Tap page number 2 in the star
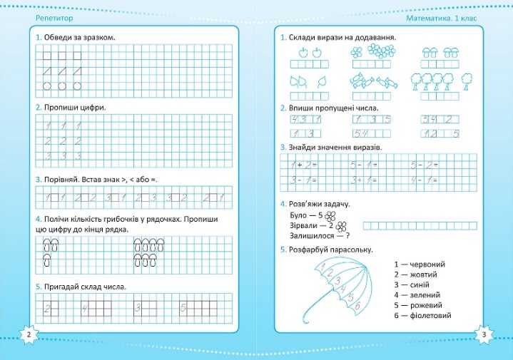[27, 335]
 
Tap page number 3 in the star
[484, 335]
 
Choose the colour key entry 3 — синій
[414, 284]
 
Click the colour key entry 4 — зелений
[417, 294]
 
